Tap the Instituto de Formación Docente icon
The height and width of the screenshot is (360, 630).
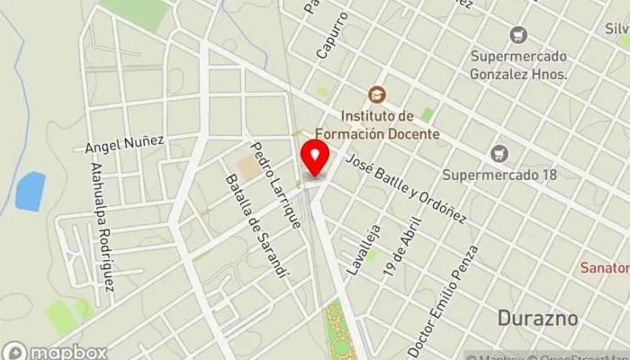[x=375, y=94]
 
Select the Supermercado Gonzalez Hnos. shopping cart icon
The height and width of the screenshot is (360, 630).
[x=517, y=35]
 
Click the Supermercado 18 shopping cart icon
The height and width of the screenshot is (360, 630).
[x=499, y=154]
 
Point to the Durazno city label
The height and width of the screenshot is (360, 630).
[x=536, y=319]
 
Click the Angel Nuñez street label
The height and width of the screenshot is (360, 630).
[x=124, y=141]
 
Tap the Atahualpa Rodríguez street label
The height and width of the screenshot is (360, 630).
[x=102, y=226]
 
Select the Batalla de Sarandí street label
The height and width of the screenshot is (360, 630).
[x=258, y=226]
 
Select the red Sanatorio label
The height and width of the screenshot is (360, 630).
[x=605, y=268]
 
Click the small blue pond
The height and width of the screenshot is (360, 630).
[x=31, y=191]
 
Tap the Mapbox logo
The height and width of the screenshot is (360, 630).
[x=56, y=352]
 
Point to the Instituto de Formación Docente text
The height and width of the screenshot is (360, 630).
[x=390, y=125]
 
